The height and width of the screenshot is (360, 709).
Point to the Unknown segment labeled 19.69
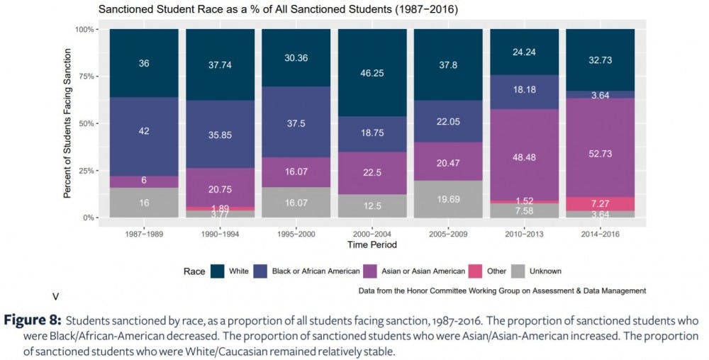click(448, 199)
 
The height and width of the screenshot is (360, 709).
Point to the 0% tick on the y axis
click(87, 218)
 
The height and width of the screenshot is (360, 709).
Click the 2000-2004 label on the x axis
click(372, 234)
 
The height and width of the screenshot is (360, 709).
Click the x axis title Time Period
click(372, 245)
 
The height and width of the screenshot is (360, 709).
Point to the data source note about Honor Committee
click(502, 291)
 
